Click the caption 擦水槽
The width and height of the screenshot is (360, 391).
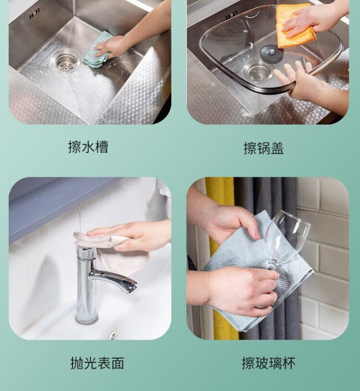(88, 147)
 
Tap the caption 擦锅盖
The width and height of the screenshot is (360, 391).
(264, 148)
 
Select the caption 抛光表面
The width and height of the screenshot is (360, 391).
(97, 363)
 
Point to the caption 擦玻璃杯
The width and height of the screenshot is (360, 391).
(269, 363)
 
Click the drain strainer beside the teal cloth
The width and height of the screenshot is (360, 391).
(66, 61)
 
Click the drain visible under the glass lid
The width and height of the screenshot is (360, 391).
(257, 71)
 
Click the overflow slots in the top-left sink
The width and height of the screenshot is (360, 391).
(35, 13)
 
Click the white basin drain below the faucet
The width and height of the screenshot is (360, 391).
(113, 334)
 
